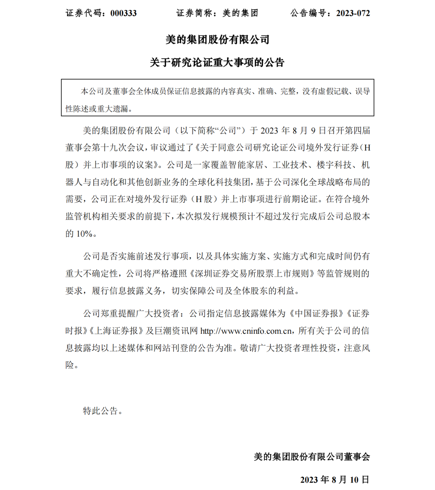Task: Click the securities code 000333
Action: (123, 13)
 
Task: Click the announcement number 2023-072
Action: (353, 13)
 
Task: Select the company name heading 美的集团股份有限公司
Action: (217, 40)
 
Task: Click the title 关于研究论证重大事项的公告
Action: (217, 62)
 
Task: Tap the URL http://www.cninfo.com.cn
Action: (246, 331)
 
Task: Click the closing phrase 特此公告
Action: (101, 411)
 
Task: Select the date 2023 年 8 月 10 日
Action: (335, 479)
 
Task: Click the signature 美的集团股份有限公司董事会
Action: (312, 457)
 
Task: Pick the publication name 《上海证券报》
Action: (116, 331)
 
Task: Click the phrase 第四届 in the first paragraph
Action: (357, 130)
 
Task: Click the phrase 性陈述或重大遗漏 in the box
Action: (97, 109)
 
